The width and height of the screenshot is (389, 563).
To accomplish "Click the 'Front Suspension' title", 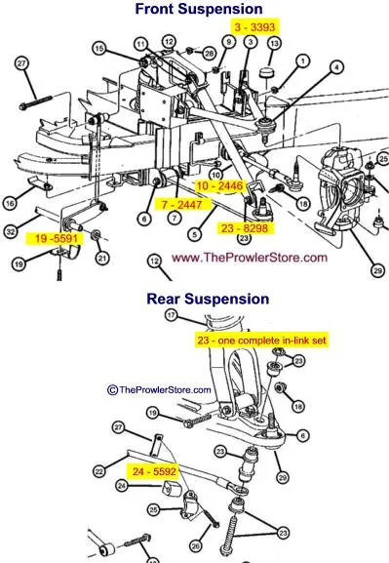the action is [199, 9].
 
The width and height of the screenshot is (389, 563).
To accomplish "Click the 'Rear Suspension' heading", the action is [208, 299].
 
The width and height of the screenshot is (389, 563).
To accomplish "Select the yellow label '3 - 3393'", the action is [254, 27].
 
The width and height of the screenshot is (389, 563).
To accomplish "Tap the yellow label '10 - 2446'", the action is [219, 185].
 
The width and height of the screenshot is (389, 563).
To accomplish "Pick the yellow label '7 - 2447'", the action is [181, 205].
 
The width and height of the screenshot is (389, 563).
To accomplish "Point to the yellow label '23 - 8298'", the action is [245, 228].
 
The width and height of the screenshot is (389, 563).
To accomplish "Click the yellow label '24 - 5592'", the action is [154, 471].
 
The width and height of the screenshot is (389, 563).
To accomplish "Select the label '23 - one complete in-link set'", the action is [261, 340].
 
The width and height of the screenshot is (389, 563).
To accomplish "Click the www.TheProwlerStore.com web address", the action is [250, 258].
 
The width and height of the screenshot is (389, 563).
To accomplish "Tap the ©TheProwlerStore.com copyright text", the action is [159, 389].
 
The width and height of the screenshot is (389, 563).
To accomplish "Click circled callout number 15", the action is [99, 49].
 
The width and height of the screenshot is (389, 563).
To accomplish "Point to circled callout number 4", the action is [336, 66].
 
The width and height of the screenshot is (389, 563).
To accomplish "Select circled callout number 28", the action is [209, 54].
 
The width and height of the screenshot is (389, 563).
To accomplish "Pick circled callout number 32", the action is [11, 231].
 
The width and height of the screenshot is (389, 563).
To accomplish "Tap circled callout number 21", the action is [102, 258].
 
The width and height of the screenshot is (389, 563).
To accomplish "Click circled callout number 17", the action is [172, 315].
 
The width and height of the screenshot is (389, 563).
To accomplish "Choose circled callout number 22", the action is [99, 470].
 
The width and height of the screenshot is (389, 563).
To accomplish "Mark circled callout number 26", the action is [196, 546].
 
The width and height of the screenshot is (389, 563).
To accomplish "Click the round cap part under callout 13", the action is [266, 72].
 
